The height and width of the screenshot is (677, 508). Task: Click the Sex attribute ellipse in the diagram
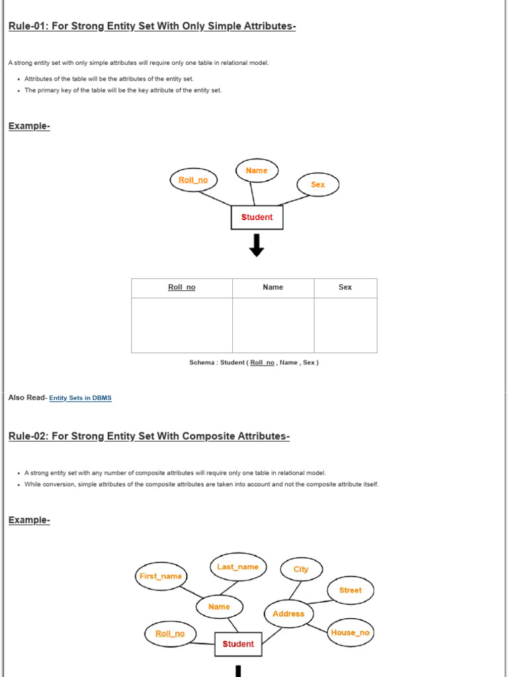[317, 185]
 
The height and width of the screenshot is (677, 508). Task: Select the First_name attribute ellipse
[160, 577]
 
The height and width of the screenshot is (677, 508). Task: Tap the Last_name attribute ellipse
[238, 567]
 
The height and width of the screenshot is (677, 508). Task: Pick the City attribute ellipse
[301, 569]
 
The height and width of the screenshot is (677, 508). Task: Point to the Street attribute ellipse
[350, 590]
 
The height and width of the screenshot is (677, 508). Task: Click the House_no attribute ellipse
[351, 633]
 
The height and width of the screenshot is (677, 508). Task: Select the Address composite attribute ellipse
[288, 614]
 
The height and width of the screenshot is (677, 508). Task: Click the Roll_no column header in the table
[182, 288]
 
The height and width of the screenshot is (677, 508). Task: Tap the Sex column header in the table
[345, 288]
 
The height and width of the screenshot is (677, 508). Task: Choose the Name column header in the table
[273, 288]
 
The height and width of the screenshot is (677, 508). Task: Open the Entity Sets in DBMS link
[81, 398]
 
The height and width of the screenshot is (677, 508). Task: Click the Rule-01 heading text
[152, 26]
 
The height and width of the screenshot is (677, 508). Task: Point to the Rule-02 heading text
[149, 436]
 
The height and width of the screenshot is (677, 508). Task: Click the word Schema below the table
[202, 363]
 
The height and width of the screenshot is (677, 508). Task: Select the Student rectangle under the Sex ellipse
[257, 218]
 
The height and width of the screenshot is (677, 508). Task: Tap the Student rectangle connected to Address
[238, 644]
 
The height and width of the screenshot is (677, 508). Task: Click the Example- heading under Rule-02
[29, 520]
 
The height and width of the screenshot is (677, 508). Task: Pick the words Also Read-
[28, 398]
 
